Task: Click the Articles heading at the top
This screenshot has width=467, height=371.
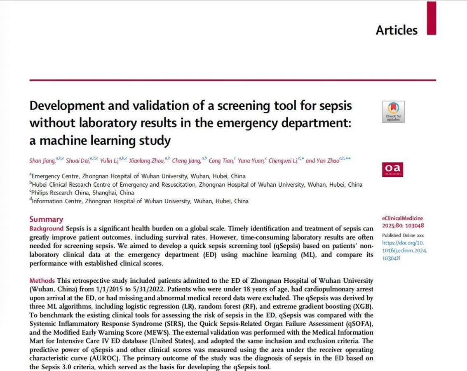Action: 397,30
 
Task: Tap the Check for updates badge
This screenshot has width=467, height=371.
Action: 393,112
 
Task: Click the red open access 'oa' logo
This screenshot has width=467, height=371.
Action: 393,169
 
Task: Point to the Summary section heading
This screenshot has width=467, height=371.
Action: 46,219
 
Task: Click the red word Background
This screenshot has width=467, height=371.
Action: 47,228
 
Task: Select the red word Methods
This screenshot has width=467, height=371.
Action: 42,280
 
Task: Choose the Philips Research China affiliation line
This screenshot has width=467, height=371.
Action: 82,193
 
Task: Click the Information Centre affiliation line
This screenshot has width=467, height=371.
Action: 140,201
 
